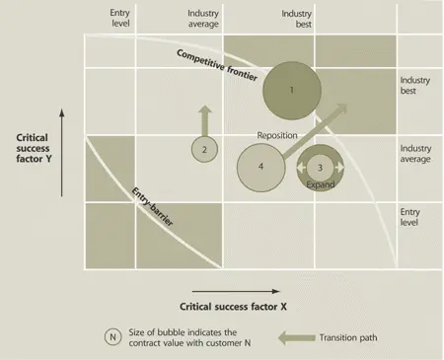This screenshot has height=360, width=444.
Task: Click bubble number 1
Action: click(293, 90)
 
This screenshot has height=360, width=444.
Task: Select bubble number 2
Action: click(203, 149)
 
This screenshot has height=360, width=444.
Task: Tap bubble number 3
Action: click(320, 168)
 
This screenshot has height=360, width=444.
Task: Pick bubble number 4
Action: click(261, 167)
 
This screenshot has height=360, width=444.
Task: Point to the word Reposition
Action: click(277, 135)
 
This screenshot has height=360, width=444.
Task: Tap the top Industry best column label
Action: click(297, 18)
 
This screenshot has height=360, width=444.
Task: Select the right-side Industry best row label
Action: click(416, 86)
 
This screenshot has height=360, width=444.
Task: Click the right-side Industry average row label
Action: click(416, 155)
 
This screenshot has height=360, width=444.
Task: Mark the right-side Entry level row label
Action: click(411, 218)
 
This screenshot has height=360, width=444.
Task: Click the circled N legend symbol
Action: click(115, 335)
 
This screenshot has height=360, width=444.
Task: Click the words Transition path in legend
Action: click(349, 336)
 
